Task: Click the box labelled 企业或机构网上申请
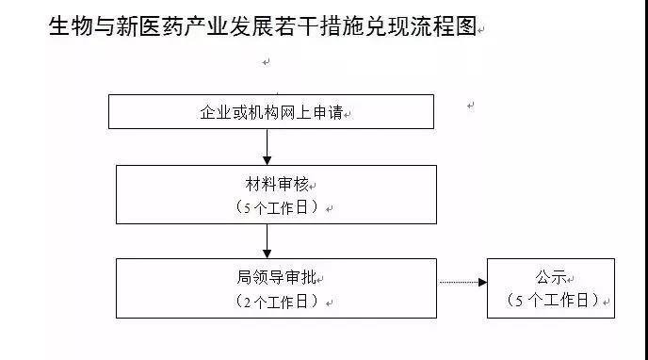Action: point(271,111)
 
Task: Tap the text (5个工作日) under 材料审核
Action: point(276,207)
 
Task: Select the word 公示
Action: point(549,277)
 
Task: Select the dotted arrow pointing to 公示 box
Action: point(462,282)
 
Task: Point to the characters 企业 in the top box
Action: point(214,112)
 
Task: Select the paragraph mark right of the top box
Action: point(470,106)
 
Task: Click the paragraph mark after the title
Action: point(481,32)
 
